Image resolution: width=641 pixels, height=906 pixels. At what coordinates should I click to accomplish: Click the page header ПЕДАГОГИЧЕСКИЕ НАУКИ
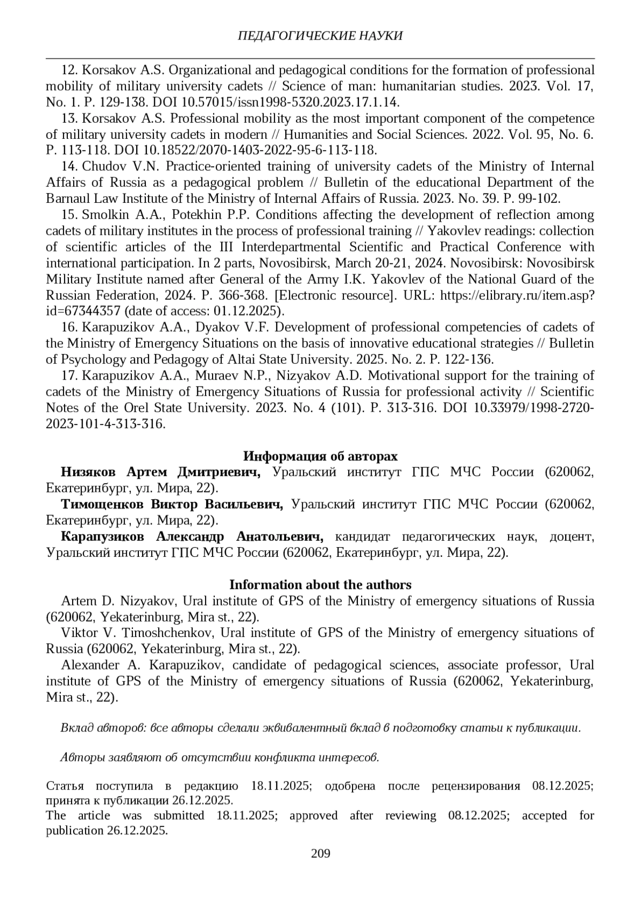(x=320, y=36)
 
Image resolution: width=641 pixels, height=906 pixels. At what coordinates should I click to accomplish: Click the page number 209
(x=320, y=853)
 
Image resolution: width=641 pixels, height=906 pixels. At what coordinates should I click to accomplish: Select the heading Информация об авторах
(x=320, y=456)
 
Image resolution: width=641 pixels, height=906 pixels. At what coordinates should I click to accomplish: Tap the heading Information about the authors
(x=320, y=585)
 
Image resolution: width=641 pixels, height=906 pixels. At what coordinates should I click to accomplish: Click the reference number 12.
(x=71, y=70)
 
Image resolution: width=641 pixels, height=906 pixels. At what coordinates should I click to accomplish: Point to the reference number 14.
(x=71, y=167)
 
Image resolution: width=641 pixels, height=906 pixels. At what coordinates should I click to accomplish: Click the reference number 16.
(x=71, y=327)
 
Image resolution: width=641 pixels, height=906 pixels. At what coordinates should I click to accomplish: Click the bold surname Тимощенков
(x=102, y=505)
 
